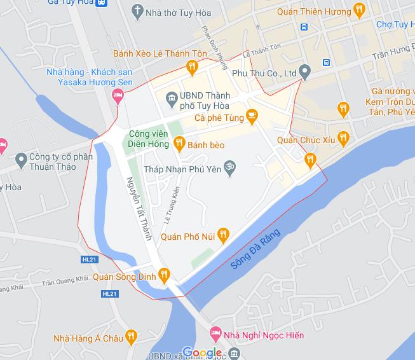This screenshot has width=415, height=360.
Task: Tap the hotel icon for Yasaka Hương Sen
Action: (x=117, y=96)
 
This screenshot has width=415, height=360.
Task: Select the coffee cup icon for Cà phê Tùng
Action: (x=252, y=114)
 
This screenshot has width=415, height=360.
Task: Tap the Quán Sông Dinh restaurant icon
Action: (x=164, y=275)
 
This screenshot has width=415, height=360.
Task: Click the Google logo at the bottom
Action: (x=203, y=353)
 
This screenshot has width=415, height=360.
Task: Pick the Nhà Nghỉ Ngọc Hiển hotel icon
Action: (x=215, y=333)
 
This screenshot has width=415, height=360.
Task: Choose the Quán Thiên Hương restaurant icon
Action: (x=360, y=9)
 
